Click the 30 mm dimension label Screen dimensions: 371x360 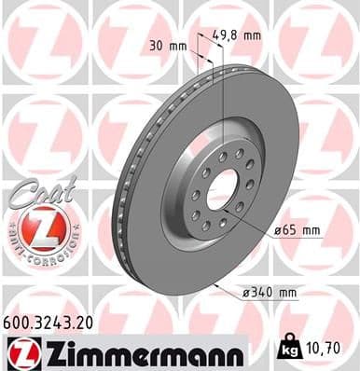tap(162, 44)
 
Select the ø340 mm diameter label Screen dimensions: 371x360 tap(269, 293)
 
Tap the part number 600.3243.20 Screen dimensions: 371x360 tap(49, 319)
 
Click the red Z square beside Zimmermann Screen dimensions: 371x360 tap(19, 352)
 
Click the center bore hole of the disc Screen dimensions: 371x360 tap(223, 191)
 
